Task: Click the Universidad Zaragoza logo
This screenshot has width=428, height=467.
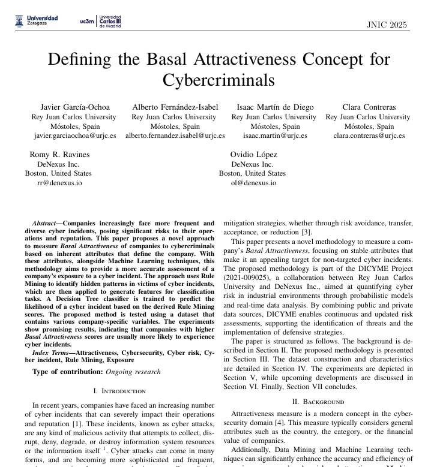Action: pos(37,20)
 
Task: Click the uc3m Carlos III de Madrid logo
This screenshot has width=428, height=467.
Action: pos(100,22)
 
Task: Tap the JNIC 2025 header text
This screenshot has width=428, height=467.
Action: pos(387,25)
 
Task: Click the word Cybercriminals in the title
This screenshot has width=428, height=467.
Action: pos(219,80)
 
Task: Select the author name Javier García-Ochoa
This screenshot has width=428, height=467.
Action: pos(74,108)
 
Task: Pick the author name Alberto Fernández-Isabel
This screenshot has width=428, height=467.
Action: pos(175,108)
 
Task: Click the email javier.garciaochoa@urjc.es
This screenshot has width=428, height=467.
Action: pos(74,136)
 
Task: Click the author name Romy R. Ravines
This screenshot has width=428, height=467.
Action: pos(58,155)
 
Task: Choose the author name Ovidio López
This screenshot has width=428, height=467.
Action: pos(252,155)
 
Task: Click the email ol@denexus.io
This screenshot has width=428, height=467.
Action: pos(252,183)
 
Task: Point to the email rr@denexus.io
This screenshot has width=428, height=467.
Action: pos(59,183)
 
